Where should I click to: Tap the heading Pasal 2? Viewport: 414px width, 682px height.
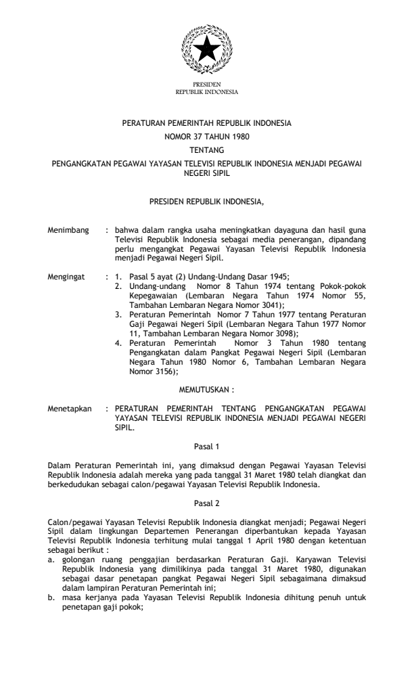coord(206,502)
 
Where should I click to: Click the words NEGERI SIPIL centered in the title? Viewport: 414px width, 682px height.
coord(206,172)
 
